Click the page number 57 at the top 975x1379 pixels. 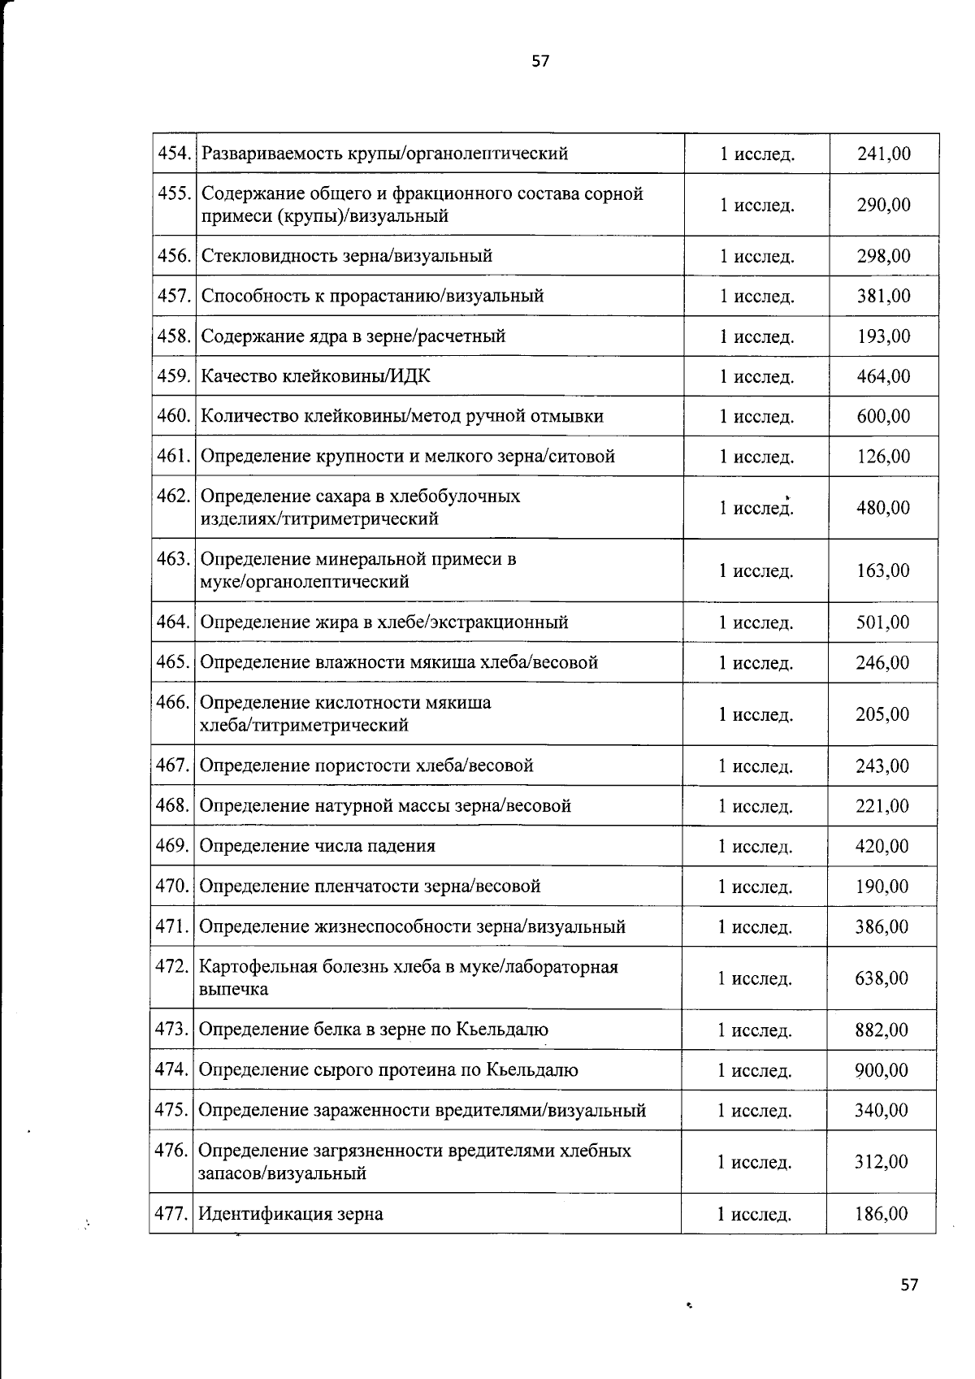(540, 61)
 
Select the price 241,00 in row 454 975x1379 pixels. (884, 154)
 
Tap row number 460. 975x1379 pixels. (173, 416)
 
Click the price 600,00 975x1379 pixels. (884, 416)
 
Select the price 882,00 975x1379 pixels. (882, 1030)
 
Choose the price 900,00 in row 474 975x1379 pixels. (882, 1070)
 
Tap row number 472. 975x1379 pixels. (171, 967)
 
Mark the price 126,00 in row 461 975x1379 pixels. (884, 457)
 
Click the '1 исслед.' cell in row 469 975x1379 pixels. (755, 847)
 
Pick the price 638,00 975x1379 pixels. (882, 978)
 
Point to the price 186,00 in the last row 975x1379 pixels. (882, 1214)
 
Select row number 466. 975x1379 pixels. (172, 702)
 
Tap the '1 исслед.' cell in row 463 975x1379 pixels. (756, 571)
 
